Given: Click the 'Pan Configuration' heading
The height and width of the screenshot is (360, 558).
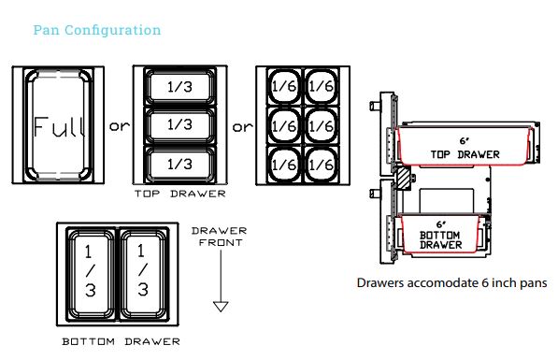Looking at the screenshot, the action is click(x=97, y=30).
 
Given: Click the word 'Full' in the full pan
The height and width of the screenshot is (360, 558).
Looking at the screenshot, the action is click(x=60, y=127).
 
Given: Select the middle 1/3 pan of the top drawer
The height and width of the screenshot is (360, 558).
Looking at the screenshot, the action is click(x=179, y=125).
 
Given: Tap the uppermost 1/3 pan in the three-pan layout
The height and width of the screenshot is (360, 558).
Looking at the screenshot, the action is click(x=179, y=87).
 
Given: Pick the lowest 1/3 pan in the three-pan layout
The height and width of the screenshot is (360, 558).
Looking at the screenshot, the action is click(x=179, y=165).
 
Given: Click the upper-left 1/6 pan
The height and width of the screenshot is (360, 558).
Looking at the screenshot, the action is click(x=284, y=86).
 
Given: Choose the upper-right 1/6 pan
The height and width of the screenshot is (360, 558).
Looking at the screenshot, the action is click(x=322, y=86).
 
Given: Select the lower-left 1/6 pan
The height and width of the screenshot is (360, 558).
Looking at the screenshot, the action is click(x=284, y=165).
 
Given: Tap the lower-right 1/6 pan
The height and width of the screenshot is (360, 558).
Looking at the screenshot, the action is click(x=322, y=165).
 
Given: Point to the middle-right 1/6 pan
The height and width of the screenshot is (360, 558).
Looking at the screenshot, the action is click(x=322, y=126).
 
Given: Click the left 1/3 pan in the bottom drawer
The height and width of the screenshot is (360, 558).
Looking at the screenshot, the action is click(x=91, y=274).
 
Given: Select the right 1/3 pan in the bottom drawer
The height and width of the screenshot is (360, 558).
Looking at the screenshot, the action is click(x=144, y=274).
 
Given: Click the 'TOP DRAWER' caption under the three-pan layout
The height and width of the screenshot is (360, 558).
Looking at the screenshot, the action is click(x=180, y=194).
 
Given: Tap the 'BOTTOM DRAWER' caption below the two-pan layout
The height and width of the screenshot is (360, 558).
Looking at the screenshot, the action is click(x=121, y=342).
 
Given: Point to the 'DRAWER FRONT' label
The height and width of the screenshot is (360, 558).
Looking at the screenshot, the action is click(x=220, y=237).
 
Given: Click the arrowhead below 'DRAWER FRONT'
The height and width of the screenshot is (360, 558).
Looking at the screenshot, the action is click(x=221, y=307).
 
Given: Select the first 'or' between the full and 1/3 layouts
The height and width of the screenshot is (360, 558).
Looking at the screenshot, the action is click(x=120, y=126).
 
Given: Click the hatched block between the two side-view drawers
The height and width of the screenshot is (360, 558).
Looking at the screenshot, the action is click(x=404, y=179).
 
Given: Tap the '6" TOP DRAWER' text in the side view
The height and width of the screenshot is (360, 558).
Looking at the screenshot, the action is click(x=465, y=148).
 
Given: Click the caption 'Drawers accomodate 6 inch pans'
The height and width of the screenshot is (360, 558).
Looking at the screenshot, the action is click(x=452, y=283).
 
